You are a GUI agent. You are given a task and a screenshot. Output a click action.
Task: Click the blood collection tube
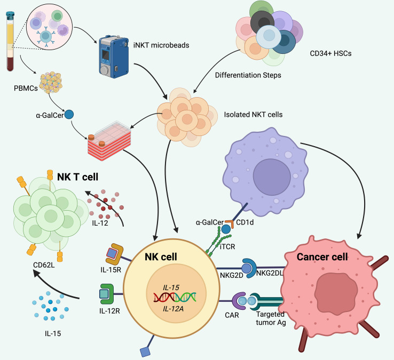[10, 42]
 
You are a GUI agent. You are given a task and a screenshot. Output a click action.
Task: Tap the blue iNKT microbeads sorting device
[113, 57]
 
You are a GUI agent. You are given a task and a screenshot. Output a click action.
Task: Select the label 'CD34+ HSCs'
[330, 53]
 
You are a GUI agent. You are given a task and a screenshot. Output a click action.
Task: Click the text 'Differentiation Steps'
[248, 75]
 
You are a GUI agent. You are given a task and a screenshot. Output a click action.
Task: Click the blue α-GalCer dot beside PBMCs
[69, 115]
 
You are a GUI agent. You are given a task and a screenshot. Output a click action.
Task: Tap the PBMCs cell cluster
[51, 83]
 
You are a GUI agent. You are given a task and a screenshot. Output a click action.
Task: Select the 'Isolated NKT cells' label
[253, 115]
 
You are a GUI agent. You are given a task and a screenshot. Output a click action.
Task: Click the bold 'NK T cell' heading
[77, 177]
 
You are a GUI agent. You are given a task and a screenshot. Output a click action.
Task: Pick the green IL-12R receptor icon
[107, 294]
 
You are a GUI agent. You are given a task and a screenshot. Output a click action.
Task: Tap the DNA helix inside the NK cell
[175, 297]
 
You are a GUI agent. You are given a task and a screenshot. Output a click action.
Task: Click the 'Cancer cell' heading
[322, 257]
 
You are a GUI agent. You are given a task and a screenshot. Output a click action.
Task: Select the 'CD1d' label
[245, 222]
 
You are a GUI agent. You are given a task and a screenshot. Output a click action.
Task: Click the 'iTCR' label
[227, 247]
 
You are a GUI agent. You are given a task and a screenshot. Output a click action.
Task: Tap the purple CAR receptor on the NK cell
[239, 301]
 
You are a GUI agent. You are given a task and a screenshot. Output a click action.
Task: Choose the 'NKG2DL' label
[270, 273]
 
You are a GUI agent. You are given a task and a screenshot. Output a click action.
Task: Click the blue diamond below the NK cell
[145, 351]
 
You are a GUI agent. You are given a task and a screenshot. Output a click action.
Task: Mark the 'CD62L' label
[44, 265]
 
